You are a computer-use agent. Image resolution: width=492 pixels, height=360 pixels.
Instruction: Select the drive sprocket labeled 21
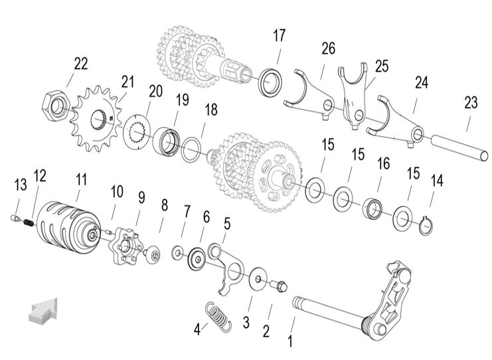96,119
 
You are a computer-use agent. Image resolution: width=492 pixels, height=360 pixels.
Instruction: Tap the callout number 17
279,36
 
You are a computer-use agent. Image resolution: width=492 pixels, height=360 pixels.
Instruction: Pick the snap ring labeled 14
426,225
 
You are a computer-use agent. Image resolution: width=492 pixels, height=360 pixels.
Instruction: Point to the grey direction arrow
43,310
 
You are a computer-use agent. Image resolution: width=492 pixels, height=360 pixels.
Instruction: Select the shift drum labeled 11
68,227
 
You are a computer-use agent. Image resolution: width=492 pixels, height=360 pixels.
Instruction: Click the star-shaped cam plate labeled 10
125,246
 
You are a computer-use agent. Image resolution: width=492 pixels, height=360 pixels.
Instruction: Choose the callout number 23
471,103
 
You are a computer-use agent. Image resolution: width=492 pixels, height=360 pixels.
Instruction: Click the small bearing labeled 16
373,208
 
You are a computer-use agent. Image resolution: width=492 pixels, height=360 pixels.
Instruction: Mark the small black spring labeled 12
29,223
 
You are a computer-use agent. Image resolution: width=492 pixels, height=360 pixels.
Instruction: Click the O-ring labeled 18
191,149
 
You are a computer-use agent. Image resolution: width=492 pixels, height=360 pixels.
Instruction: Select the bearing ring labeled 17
270,82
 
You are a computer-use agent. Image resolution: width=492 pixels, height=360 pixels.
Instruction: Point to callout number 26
328,48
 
